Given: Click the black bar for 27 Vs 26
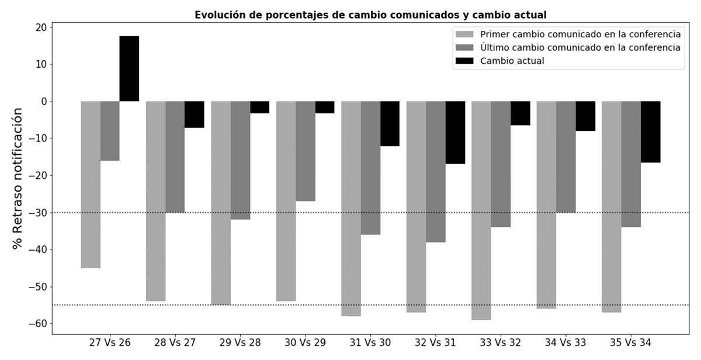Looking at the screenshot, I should (129, 68).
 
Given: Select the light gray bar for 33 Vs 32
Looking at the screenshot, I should (481, 210).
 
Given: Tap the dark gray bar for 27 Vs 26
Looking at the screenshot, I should (110, 131).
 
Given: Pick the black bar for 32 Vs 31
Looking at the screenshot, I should (455, 132).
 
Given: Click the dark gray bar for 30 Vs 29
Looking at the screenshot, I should (306, 151).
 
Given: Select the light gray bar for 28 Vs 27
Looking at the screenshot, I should (155, 201).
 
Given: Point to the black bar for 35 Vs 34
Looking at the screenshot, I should (650, 131).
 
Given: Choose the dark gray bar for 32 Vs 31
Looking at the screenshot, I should (436, 171).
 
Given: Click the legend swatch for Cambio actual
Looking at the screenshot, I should (466, 61).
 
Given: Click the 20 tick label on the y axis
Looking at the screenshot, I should (41, 27).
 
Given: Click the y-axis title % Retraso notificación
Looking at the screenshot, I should (19, 178).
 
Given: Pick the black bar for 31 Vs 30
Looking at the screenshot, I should (390, 123).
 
